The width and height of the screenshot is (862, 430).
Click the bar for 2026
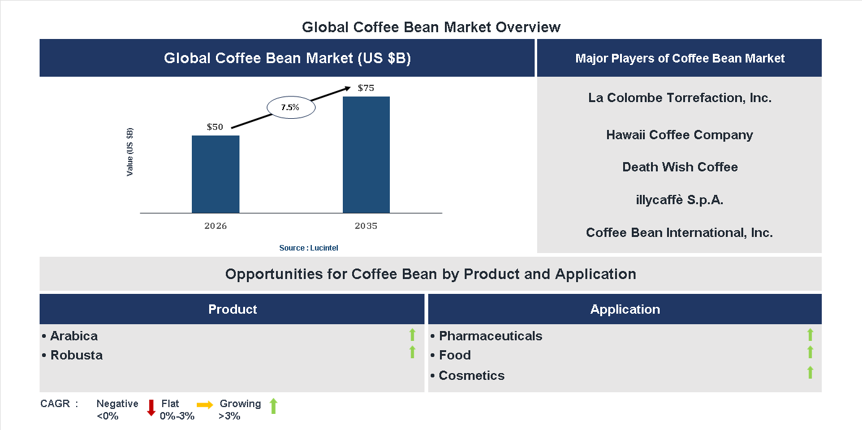215,174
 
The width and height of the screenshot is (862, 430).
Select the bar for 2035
366,155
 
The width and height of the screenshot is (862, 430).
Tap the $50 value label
215,127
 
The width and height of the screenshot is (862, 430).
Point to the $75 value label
366,88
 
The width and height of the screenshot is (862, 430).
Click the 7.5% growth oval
290,108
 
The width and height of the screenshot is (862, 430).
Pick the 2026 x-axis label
215,226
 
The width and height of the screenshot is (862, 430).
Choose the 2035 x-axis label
366,226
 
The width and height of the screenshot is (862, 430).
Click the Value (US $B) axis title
130,152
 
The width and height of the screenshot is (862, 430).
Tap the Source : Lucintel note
308,248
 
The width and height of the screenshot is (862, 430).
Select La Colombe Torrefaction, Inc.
679,98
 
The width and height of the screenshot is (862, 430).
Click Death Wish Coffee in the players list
679,167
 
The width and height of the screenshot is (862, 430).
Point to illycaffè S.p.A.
679,200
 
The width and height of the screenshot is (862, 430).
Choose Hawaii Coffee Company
679,135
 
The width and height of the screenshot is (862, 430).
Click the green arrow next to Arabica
412,335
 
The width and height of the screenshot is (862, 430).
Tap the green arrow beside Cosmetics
810,372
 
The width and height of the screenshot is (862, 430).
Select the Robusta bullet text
76,355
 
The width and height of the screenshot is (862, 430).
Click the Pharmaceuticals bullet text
490,336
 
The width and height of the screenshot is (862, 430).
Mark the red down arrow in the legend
151,408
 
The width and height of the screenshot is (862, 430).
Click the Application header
624,309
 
